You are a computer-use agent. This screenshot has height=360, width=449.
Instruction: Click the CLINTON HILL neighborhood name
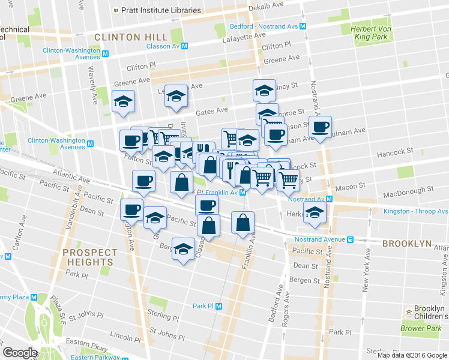(x=130, y=37)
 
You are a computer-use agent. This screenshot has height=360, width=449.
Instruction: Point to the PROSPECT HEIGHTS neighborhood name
(x=88, y=257)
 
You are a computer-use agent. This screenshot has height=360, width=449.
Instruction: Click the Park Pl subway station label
(x=203, y=306)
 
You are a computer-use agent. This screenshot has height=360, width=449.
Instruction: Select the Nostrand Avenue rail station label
(x=318, y=239)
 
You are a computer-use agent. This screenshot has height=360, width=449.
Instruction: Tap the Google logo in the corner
(x=20, y=353)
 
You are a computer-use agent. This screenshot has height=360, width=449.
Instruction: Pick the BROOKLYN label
(x=408, y=244)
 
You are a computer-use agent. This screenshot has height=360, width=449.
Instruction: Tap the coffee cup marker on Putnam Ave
(x=320, y=127)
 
